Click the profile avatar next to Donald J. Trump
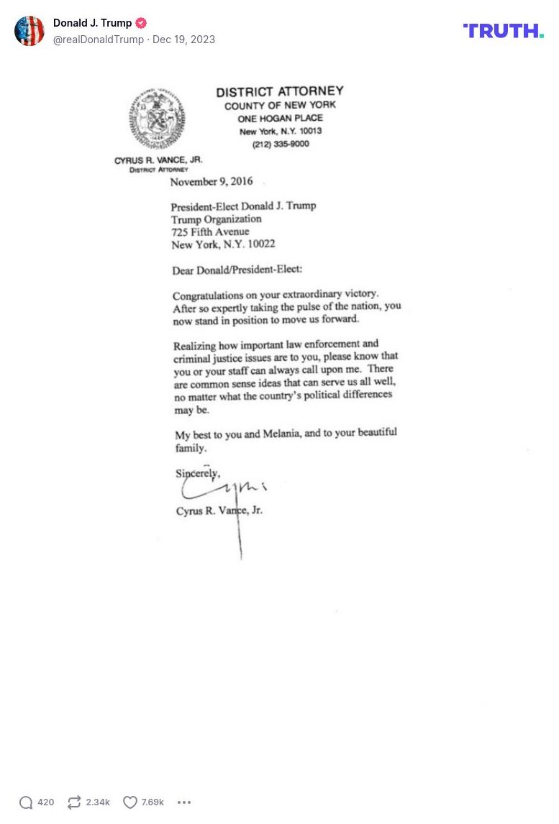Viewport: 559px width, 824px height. click(x=29, y=31)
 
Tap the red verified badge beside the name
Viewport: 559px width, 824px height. click(x=141, y=23)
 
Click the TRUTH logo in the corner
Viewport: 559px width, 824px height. click(x=503, y=30)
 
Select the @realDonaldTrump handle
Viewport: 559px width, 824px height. click(x=99, y=40)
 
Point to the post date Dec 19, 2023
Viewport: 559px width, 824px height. click(x=183, y=40)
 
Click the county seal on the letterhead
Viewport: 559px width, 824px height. click(x=157, y=119)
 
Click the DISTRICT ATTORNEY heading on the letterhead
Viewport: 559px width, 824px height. click(x=280, y=92)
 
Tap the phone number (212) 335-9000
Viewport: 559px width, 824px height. click(x=281, y=144)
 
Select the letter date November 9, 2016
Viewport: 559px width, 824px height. click(x=212, y=182)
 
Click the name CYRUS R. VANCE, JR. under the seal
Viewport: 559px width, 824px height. click(x=158, y=160)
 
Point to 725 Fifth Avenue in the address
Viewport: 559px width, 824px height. click(x=210, y=232)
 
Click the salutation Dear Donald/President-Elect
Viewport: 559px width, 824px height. click(x=237, y=270)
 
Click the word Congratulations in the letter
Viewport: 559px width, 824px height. click(x=205, y=296)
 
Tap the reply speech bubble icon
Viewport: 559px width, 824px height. click(x=27, y=802)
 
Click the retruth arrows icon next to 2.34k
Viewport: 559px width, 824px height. click(x=74, y=802)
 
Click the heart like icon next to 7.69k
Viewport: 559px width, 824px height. click(x=130, y=802)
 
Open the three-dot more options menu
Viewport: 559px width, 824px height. click(x=184, y=802)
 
